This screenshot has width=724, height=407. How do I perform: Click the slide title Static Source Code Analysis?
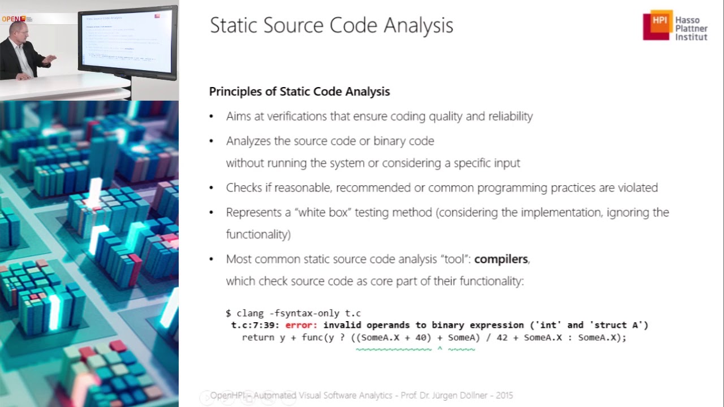[331, 25]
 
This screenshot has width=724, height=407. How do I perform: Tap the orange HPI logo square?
[657, 25]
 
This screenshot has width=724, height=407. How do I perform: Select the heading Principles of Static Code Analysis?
[299, 92]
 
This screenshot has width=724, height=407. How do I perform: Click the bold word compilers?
[501, 259]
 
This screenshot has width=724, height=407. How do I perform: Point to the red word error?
[302, 325]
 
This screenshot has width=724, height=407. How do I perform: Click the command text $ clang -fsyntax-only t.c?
[293, 313]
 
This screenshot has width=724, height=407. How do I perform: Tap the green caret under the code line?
[439, 349]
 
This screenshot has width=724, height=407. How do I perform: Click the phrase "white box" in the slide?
[313, 213]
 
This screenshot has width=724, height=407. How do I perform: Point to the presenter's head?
[16, 31]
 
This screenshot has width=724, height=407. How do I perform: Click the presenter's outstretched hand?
[51, 58]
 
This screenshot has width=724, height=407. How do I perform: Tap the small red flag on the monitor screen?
[157, 16]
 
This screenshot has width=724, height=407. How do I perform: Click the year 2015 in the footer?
[505, 396]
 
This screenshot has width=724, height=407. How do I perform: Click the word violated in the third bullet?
[637, 188]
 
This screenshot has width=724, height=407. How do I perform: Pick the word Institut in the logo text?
[691, 37]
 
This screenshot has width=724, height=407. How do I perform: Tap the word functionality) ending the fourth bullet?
[258, 234]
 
